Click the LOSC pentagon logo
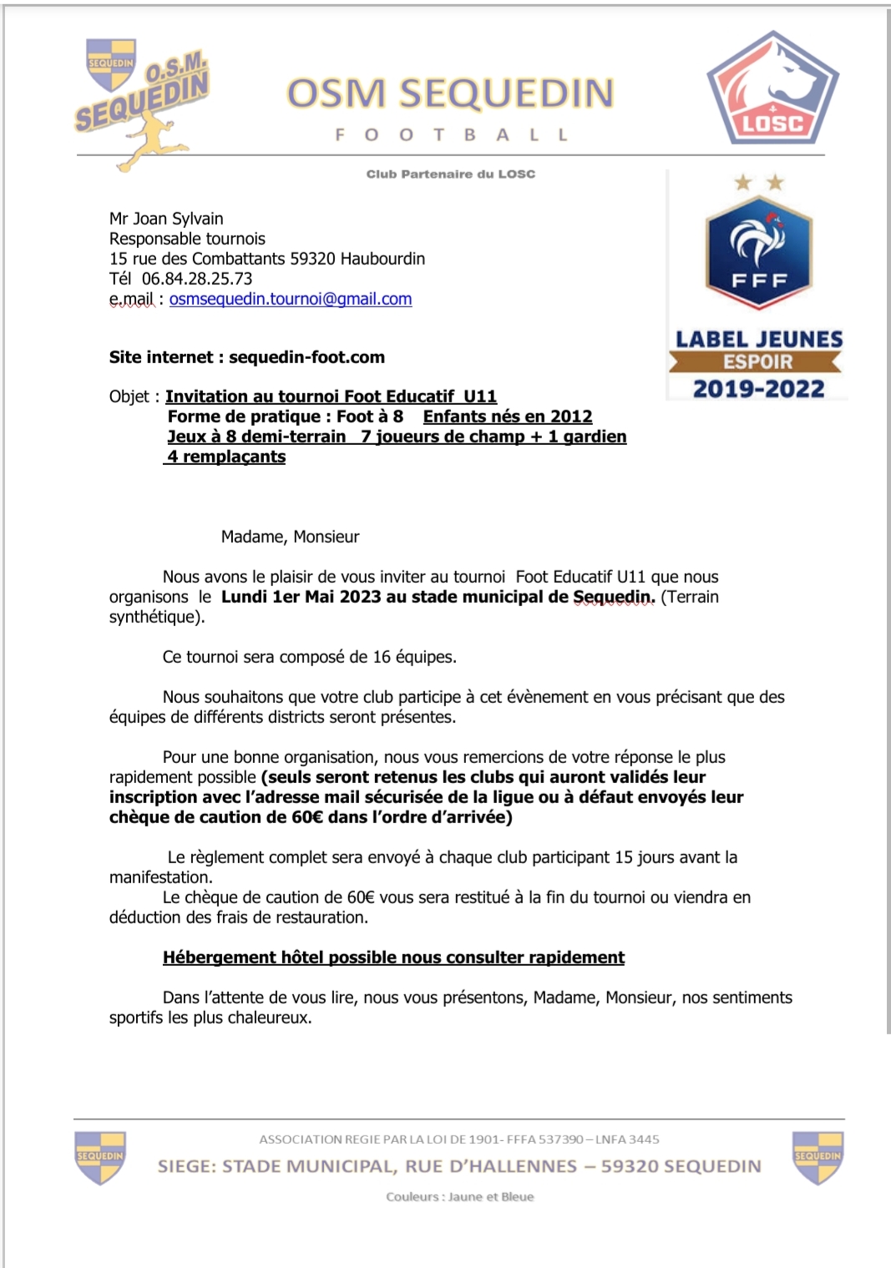point(772,90)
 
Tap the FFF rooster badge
point(758,251)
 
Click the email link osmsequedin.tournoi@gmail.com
point(291,299)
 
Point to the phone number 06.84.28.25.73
point(197,279)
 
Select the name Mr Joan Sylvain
point(166,219)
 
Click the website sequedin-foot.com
point(306,357)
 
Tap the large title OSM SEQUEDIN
point(450,93)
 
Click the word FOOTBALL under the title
point(451,134)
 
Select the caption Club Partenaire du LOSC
point(450,174)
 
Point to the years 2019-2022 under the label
point(758,389)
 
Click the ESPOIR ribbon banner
point(757,361)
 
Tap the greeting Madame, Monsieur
point(290,537)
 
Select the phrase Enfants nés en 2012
point(508,417)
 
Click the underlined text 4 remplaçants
point(225,457)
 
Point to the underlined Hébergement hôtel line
point(393,957)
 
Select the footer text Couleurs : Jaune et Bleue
point(459,1196)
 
